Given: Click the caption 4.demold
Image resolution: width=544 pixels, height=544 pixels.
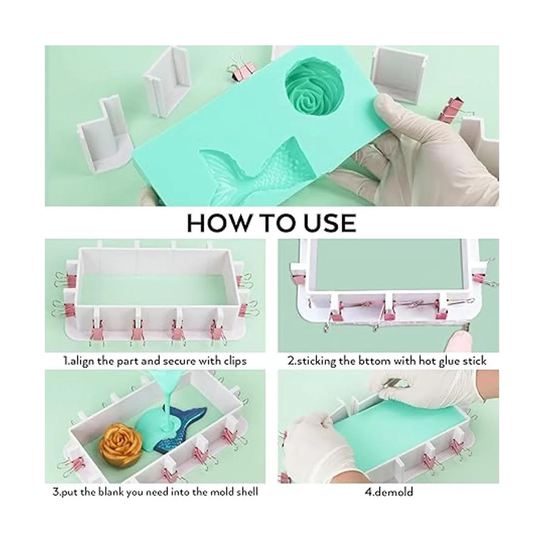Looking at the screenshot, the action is (x=389, y=492).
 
